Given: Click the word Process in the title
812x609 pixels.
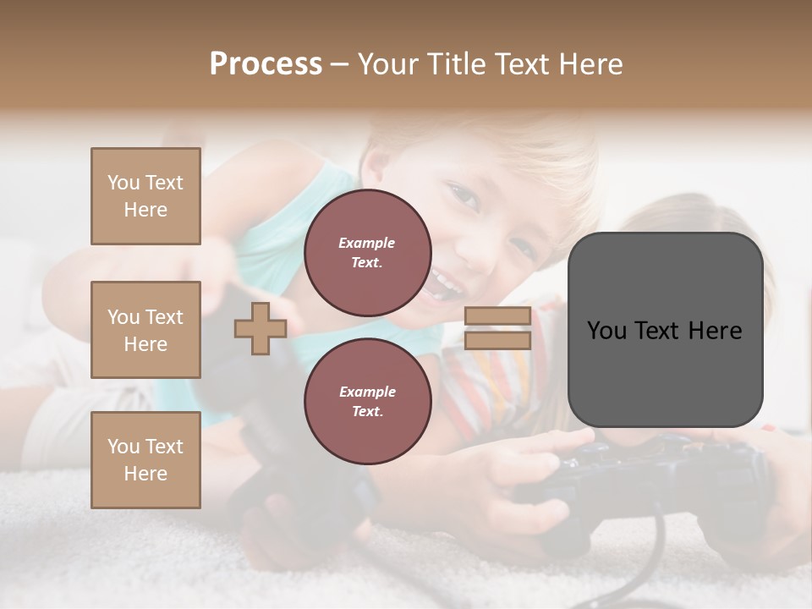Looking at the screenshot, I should (266, 63).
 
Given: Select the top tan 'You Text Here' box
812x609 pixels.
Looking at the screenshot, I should (145, 196).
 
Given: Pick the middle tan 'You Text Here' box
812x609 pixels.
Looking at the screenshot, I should (145, 330).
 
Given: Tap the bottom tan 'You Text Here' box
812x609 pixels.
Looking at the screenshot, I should (145, 460).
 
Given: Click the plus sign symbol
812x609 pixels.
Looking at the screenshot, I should (260, 328).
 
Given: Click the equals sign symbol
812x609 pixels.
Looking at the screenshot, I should (497, 328).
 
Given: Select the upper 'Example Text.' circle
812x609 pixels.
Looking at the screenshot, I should (368, 253).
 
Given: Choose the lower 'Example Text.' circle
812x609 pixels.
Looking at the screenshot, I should (368, 402).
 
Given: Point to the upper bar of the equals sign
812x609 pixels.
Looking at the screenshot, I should (497, 316).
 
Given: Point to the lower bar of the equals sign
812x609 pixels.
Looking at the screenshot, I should (497, 340).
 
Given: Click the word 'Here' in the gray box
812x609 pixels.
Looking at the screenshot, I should (715, 331).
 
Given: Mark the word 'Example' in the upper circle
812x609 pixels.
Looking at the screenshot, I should (367, 243).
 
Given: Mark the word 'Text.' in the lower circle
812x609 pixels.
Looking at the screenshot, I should (367, 411).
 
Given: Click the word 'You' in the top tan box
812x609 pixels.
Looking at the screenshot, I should (123, 183).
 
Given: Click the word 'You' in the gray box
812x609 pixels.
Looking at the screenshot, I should (606, 331).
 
